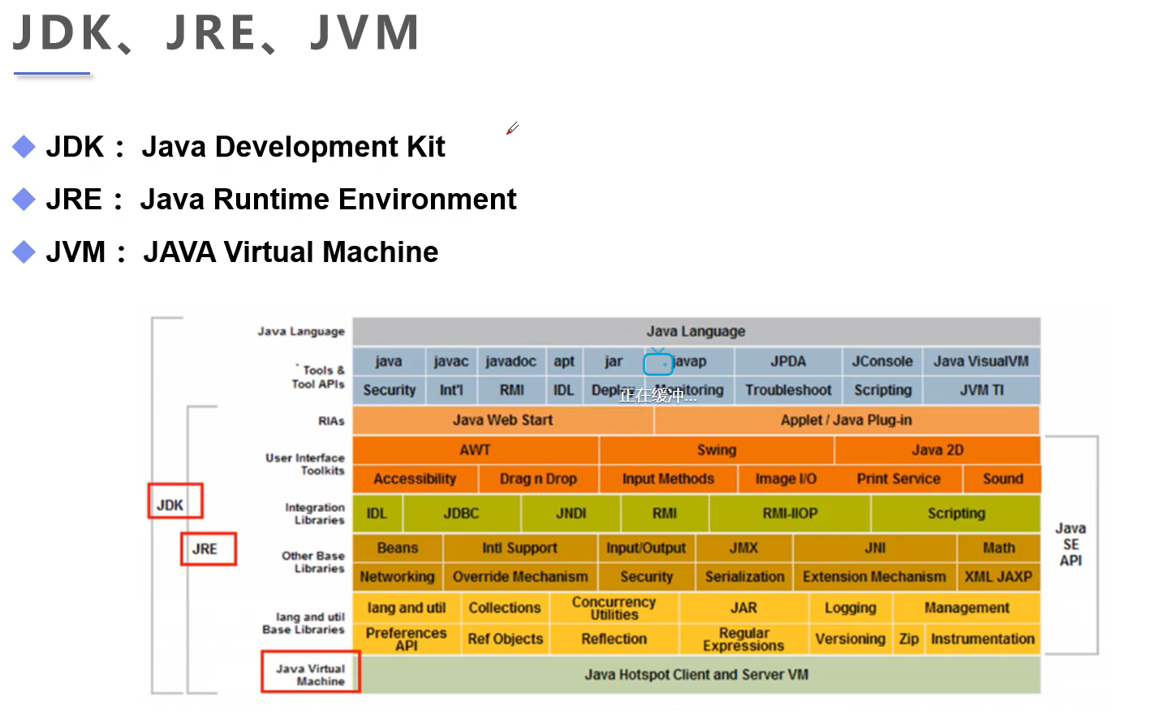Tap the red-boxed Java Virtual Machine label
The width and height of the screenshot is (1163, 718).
[x=310, y=673]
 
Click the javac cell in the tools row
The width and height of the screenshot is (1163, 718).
[x=450, y=362]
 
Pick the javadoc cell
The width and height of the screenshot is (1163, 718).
[x=510, y=362]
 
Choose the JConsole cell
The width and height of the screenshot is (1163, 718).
[x=882, y=362]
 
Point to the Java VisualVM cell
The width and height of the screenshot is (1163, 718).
[x=980, y=362]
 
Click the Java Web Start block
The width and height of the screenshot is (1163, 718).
[x=502, y=420]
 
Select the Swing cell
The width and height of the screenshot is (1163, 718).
[x=716, y=450]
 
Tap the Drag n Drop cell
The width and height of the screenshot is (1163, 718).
[x=537, y=479]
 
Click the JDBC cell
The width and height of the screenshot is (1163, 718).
[x=461, y=514]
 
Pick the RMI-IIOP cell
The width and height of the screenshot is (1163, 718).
[x=790, y=514]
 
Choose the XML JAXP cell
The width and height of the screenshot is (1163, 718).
[x=998, y=577]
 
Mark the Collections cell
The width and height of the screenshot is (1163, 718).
[x=504, y=608]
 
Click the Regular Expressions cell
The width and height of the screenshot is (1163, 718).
[x=743, y=639]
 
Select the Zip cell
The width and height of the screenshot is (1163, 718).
[x=908, y=639]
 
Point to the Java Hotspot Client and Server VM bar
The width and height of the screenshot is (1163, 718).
[x=696, y=675]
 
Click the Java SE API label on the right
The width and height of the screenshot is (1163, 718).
[x=1070, y=544]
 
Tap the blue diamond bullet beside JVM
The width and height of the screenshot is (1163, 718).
[x=24, y=252]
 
